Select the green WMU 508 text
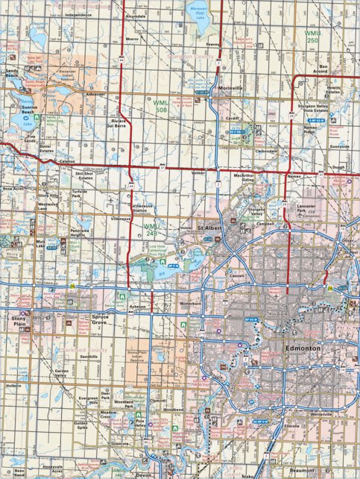160,109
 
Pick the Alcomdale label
136,16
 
